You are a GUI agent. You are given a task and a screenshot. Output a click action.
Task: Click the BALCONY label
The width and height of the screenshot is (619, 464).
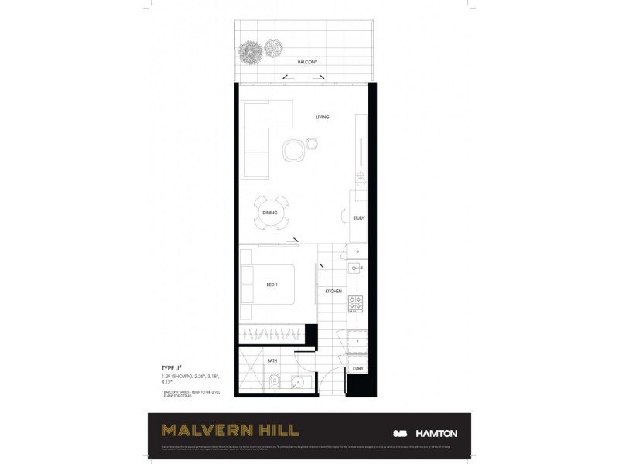click(307, 61)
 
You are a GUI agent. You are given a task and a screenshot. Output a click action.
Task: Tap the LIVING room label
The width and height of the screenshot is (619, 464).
click(323, 117)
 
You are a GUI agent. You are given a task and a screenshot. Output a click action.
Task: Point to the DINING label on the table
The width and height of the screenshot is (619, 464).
click(270, 213)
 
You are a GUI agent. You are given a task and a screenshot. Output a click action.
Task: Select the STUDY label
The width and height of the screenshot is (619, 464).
click(358, 218)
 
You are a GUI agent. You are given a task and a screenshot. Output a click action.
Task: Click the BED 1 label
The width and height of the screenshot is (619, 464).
click(272, 285)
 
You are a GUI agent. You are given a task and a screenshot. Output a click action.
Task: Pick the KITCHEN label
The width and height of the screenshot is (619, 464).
click(333, 292)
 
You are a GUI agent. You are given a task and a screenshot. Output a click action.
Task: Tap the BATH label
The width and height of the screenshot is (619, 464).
click(273, 360)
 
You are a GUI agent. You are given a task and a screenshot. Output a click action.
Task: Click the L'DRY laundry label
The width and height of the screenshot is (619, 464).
click(358, 368)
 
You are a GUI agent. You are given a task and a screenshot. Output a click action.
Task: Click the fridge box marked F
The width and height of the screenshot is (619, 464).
click(357, 340)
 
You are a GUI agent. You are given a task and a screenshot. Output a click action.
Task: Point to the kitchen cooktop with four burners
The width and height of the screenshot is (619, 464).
click(355, 303)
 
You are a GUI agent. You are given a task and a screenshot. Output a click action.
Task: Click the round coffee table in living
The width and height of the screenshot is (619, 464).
click(294, 149)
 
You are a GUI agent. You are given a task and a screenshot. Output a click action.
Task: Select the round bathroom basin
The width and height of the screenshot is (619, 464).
click(296, 382)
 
